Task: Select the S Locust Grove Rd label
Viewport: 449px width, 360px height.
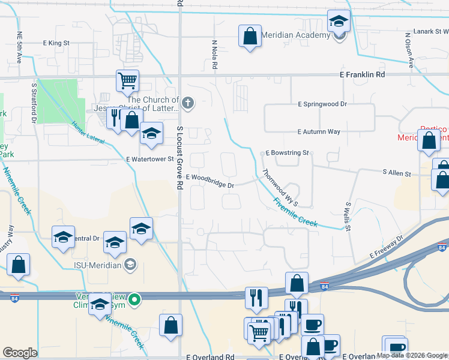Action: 179,158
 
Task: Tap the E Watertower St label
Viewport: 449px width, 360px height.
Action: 149,160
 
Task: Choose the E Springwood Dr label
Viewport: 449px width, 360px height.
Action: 323,104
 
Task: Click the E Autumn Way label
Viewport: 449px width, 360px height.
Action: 319,132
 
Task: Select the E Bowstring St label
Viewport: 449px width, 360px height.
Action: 286,153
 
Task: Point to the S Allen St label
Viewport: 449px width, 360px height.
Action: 397,173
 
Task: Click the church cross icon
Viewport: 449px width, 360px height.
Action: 188,104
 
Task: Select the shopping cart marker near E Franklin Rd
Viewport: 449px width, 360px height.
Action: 127,80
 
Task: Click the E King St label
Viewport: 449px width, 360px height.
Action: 56,43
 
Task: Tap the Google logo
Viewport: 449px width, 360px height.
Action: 20,353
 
